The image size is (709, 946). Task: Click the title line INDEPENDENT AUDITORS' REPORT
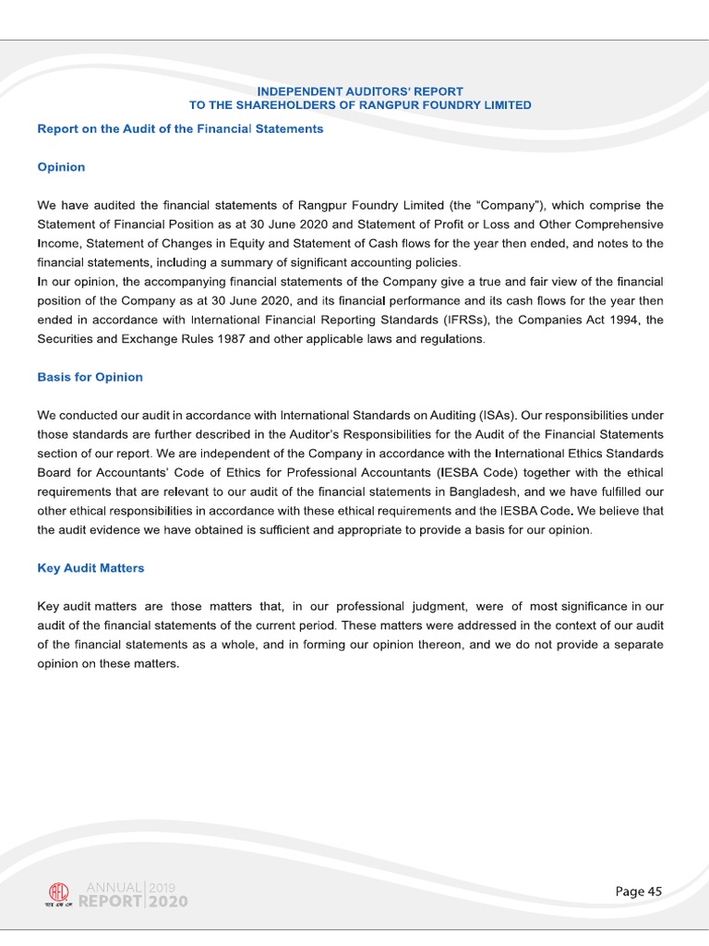pos(359,91)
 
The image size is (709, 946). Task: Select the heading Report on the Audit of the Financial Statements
pos(180,128)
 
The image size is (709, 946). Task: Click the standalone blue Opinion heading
pos(61,167)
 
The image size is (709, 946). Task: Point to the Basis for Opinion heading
pos(90,377)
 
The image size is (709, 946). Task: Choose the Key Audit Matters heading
pos(90,568)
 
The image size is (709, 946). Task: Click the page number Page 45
pos(639,891)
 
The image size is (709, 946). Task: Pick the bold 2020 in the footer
pos(167,903)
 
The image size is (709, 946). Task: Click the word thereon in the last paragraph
pos(433,645)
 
